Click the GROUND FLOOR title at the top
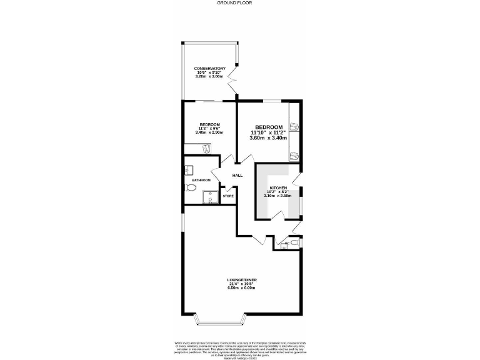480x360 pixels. pyautogui.click(x=240, y=2)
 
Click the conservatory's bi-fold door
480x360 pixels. pyautogui.click(x=233, y=81)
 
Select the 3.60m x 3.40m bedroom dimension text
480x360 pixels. pyautogui.click(x=267, y=138)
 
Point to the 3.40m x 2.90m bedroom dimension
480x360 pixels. pyautogui.click(x=209, y=132)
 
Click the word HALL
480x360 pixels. pyautogui.click(x=237, y=176)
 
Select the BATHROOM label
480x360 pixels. pyautogui.click(x=201, y=181)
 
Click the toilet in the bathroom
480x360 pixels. pyautogui.click(x=190, y=187)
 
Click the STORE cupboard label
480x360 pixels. pyautogui.click(x=229, y=196)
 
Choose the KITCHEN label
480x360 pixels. pyautogui.click(x=277, y=188)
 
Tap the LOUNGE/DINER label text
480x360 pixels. pyautogui.click(x=242, y=279)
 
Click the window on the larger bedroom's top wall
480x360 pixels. pyautogui.click(x=271, y=100)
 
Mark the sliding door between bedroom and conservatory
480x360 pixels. pyautogui.click(x=207, y=101)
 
